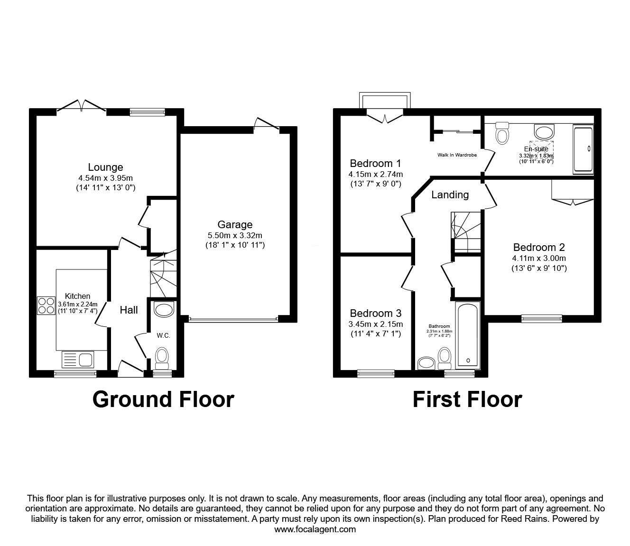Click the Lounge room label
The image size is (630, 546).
coord(105,167)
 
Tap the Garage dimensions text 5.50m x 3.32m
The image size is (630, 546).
coord(235,235)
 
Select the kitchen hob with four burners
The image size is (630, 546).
coord(46,305)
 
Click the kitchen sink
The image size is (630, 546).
coord(78,359)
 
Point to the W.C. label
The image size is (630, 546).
coord(163,335)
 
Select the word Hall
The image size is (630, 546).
coord(129,310)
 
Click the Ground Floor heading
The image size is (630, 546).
coord(163,399)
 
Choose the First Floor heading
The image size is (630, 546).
coord(467,399)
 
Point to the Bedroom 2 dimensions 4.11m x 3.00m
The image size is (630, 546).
coord(539,259)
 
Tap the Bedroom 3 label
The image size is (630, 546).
coord(375,314)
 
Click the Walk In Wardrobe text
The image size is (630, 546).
coord(457,155)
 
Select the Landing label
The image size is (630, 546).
coord(450,195)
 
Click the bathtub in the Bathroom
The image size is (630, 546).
coord(468,335)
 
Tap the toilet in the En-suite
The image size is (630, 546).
coord(501,133)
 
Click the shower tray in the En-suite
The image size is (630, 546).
coord(583,149)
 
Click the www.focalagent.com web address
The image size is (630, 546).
coord(315,529)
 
